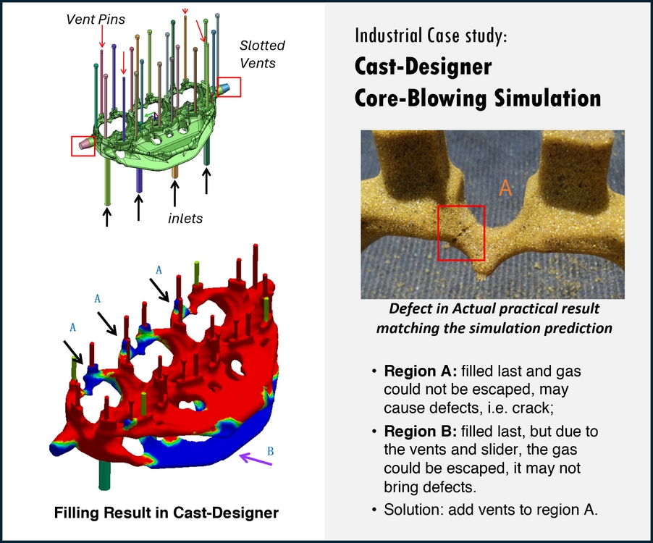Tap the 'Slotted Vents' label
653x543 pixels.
[x=261, y=54]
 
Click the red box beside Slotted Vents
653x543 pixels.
[x=229, y=87]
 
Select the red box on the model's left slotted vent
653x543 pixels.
[x=83, y=145]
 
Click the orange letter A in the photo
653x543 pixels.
[x=505, y=188]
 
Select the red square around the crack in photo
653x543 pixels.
[x=462, y=232]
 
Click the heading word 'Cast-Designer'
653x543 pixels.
[x=423, y=67]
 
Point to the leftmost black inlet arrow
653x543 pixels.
[x=107, y=216]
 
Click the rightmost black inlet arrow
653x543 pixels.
[x=207, y=181]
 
